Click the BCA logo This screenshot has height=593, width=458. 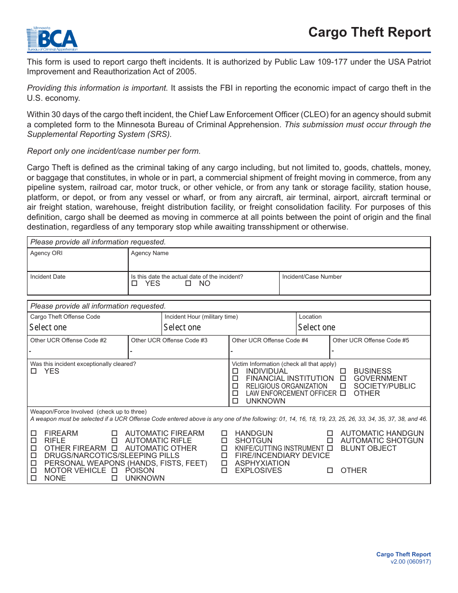[x=52, y=39]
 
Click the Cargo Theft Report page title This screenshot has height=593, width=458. [x=369, y=32]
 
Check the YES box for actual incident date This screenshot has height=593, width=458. [x=135, y=283]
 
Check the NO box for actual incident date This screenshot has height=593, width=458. [x=189, y=283]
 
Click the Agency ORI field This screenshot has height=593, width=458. [x=77, y=263]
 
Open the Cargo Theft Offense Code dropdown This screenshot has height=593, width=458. [x=94, y=327]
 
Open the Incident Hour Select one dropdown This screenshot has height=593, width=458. [x=229, y=327]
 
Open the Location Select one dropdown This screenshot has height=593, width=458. [x=363, y=327]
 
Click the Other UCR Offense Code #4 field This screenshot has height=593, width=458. [x=279, y=351]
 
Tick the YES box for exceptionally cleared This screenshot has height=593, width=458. [x=34, y=371]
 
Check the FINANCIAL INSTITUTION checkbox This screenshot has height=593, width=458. [x=235, y=379]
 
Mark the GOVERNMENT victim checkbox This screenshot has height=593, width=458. [x=343, y=379]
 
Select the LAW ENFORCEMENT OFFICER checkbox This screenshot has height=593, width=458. [x=235, y=393]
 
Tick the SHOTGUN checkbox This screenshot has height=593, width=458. [x=224, y=441]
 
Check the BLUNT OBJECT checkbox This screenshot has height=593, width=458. [x=330, y=448]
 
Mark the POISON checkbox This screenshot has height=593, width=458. [x=115, y=471]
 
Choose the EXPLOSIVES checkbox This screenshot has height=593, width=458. [x=224, y=471]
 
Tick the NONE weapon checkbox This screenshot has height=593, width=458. [x=34, y=478]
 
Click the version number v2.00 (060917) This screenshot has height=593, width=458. [x=411, y=562]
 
